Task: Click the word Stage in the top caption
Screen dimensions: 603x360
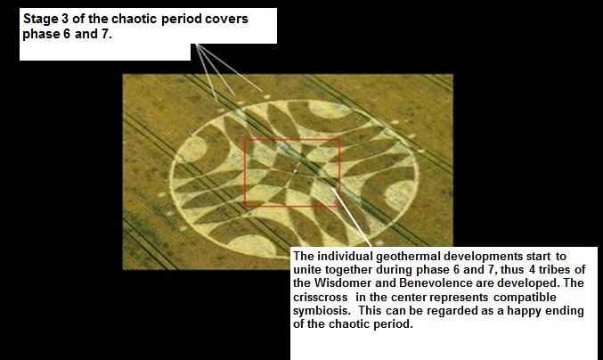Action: (40, 20)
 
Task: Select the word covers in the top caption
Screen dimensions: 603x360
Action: (226, 19)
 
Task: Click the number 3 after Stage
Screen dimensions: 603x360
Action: (65, 19)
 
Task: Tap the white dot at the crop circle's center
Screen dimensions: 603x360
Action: (295, 171)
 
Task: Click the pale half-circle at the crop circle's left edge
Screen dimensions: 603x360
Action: (191, 150)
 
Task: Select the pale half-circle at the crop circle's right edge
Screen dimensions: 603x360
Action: (399, 194)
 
